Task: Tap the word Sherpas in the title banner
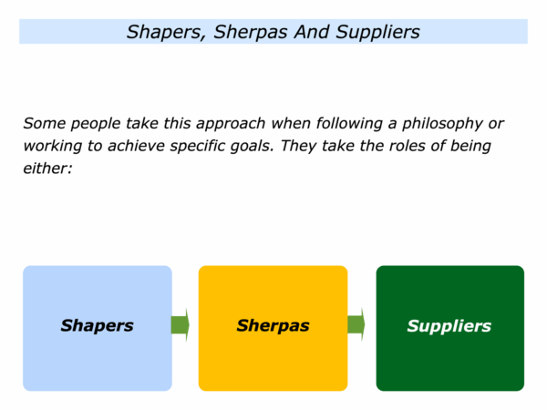click(252, 32)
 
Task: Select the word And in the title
click(312, 32)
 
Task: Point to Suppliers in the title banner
click(377, 32)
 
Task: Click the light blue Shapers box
click(98, 328)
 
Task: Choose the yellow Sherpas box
click(273, 328)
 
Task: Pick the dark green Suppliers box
click(450, 328)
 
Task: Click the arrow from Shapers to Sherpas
click(181, 325)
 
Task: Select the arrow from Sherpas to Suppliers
click(356, 324)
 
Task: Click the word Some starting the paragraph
click(45, 123)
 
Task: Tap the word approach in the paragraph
click(231, 124)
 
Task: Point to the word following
click(349, 124)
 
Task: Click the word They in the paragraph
click(299, 147)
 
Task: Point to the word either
click(47, 168)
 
